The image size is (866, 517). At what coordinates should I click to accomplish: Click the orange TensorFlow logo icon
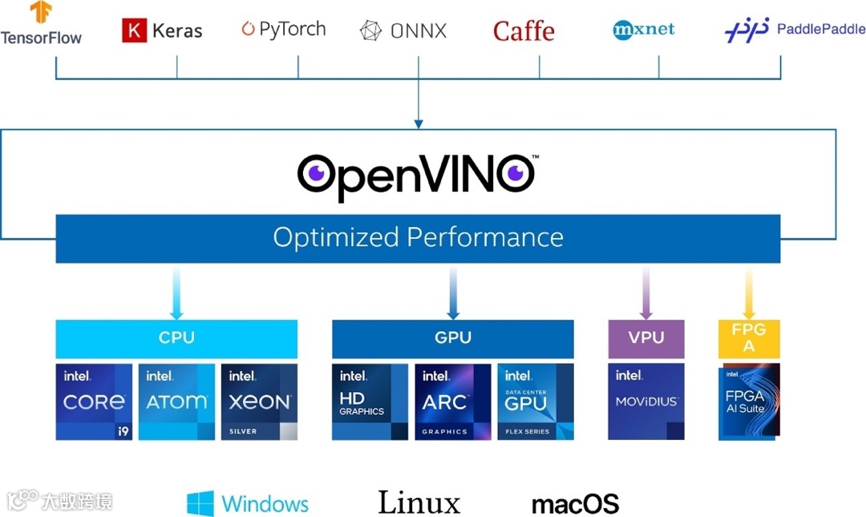tap(41, 12)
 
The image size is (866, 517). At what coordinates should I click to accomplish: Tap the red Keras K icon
tap(134, 30)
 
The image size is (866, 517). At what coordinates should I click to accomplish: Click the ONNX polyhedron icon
tap(370, 31)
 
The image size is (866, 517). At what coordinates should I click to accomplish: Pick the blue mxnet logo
tap(643, 30)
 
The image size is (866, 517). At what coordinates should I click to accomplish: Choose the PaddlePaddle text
tap(820, 30)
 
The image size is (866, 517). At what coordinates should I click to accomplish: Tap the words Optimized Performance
tap(418, 237)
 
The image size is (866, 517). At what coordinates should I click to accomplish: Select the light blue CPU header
tap(176, 338)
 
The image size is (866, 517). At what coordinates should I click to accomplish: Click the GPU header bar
tap(453, 338)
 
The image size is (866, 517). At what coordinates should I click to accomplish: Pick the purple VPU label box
tap(646, 338)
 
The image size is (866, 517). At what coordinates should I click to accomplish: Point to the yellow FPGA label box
tap(748, 338)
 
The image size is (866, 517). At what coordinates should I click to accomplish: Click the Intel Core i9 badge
tap(94, 402)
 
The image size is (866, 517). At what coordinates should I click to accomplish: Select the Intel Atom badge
tap(176, 402)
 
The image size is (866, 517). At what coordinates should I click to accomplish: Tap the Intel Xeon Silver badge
tap(259, 402)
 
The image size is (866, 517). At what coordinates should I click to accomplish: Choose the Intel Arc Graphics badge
tap(453, 402)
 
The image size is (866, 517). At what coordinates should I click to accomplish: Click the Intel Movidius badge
tap(646, 402)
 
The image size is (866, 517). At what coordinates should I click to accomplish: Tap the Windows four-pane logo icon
tap(200, 503)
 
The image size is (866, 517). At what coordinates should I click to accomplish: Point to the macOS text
tap(575, 504)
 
